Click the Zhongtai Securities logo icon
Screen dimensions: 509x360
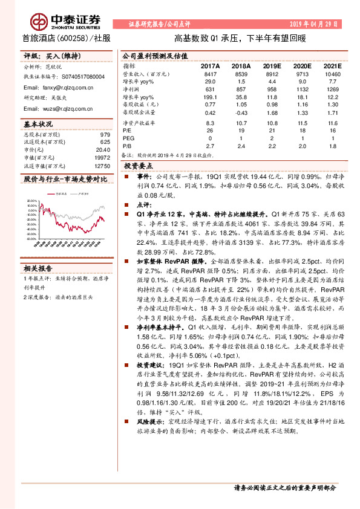pyautogui.click(x=40, y=20)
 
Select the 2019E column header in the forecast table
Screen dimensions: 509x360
pyautogui.click(x=272, y=65)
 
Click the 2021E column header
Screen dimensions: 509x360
pyautogui.click(x=332, y=65)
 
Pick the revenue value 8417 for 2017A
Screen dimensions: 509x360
pyautogui.click(x=210, y=73)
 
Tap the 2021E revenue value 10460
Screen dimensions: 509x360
pyautogui.click(x=332, y=73)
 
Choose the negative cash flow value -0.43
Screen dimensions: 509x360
pyautogui.click(x=241, y=112)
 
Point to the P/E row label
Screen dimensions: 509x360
pyautogui.click(x=127, y=130)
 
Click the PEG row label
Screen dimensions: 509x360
pyautogui.click(x=128, y=138)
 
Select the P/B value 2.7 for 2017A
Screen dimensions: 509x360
pyautogui.click(x=210, y=146)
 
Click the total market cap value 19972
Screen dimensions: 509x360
pyautogui.click(x=102, y=157)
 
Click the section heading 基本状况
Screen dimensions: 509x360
pyautogui.click(x=38, y=124)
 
